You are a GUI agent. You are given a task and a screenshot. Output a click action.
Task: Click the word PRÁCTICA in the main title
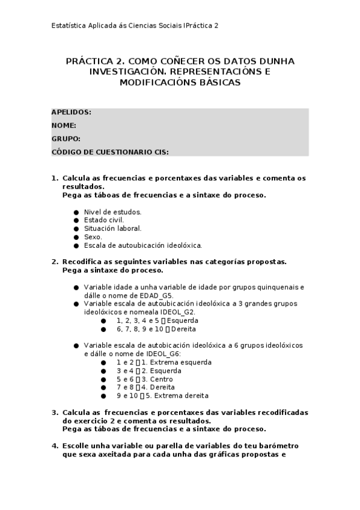[87, 61]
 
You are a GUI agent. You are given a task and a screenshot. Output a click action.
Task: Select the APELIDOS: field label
[72, 112]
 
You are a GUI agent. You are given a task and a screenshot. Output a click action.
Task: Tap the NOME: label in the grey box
[64, 126]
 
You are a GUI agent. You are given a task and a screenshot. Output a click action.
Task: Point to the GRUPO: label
[66, 139]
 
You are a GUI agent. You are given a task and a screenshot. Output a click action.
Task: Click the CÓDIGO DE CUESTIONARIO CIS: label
[110, 152]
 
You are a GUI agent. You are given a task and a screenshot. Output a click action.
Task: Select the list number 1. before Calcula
[55, 178]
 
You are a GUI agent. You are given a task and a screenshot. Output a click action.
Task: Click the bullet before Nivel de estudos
[76, 212]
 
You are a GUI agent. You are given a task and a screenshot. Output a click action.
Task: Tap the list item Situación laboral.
[112, 229]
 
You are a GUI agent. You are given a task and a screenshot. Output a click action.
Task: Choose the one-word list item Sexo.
[93, 237]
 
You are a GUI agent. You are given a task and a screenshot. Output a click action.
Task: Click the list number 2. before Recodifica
[55, 262]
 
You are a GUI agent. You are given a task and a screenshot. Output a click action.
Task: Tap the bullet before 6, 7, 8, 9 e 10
[103, 330]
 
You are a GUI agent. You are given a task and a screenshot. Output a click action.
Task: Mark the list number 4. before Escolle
[55, 446]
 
